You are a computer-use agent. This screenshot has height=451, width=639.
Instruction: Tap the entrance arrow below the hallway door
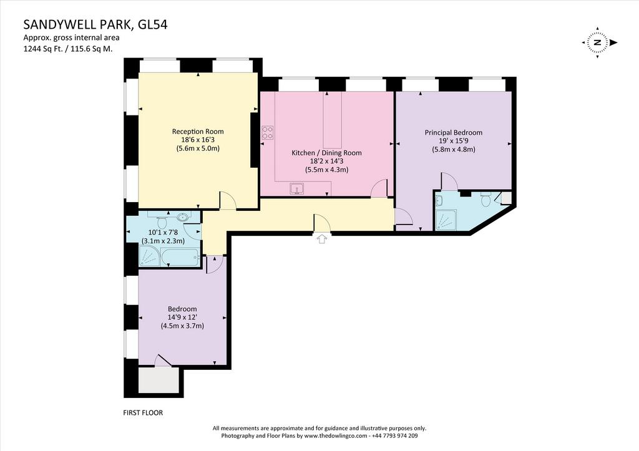coord(322,239)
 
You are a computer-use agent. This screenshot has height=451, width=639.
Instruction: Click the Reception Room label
coord(198,131)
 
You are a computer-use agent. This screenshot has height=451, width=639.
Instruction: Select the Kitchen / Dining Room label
coord(326,153)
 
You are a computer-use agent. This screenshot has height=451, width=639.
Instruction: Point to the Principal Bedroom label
coord(454,132)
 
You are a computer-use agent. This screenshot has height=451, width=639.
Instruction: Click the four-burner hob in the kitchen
coord(267,132)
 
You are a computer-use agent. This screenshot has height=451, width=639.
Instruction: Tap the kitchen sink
coord(296,188)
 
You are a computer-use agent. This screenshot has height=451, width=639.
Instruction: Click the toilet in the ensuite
coord(485,200)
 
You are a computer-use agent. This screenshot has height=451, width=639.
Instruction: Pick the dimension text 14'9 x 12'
coord(183,318)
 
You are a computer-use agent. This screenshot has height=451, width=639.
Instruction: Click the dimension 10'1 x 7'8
coord(163,233)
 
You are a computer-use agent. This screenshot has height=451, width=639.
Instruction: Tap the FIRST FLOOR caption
coord(143,413)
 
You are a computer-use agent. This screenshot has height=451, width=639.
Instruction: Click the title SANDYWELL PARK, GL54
coord(95,25)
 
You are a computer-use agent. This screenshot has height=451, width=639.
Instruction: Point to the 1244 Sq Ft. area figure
coord(45,49)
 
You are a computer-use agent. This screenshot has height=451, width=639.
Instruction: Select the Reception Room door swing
coord(228,200)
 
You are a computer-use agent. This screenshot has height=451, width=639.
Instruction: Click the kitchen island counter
coord(333,120)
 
